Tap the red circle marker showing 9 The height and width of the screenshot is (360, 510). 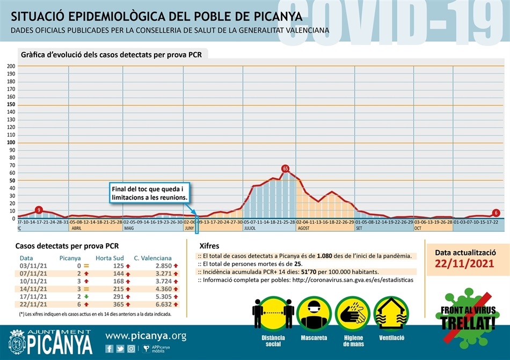point(39,209)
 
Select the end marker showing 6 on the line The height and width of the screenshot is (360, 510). point(496,213)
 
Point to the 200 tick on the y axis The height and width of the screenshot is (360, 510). point(11,66)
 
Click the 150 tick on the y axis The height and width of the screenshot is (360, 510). point(11,105)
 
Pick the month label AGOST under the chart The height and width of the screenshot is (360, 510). point(303,228)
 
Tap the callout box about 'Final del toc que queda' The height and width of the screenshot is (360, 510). point(150,193)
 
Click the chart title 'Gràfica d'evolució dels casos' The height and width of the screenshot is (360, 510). point(111,54)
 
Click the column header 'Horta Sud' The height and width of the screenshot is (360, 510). point(111,258)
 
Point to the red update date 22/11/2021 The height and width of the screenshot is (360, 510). point(465,263)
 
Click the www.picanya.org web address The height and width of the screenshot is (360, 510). point(145,336)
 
